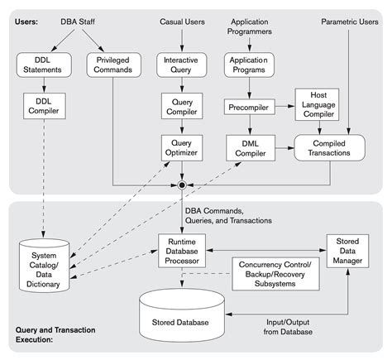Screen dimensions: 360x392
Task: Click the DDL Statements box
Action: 41,66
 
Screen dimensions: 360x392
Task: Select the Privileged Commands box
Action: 112,66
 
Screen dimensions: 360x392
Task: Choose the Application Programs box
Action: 250,66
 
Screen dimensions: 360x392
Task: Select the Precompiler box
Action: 250,107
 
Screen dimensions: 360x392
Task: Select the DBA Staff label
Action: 79,19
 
